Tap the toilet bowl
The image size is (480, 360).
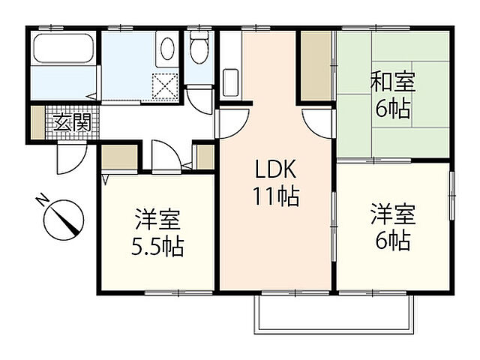click(199, 50)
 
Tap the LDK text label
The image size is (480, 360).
click(274, 169)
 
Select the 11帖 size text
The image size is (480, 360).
click(274, 196)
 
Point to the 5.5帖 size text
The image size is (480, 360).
click(159, 246)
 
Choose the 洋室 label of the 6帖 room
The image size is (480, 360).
click(391, 214)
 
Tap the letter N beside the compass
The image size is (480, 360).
click(41, 199)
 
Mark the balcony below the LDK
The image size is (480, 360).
click(334, 312)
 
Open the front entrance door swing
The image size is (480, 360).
click(71, 157)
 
